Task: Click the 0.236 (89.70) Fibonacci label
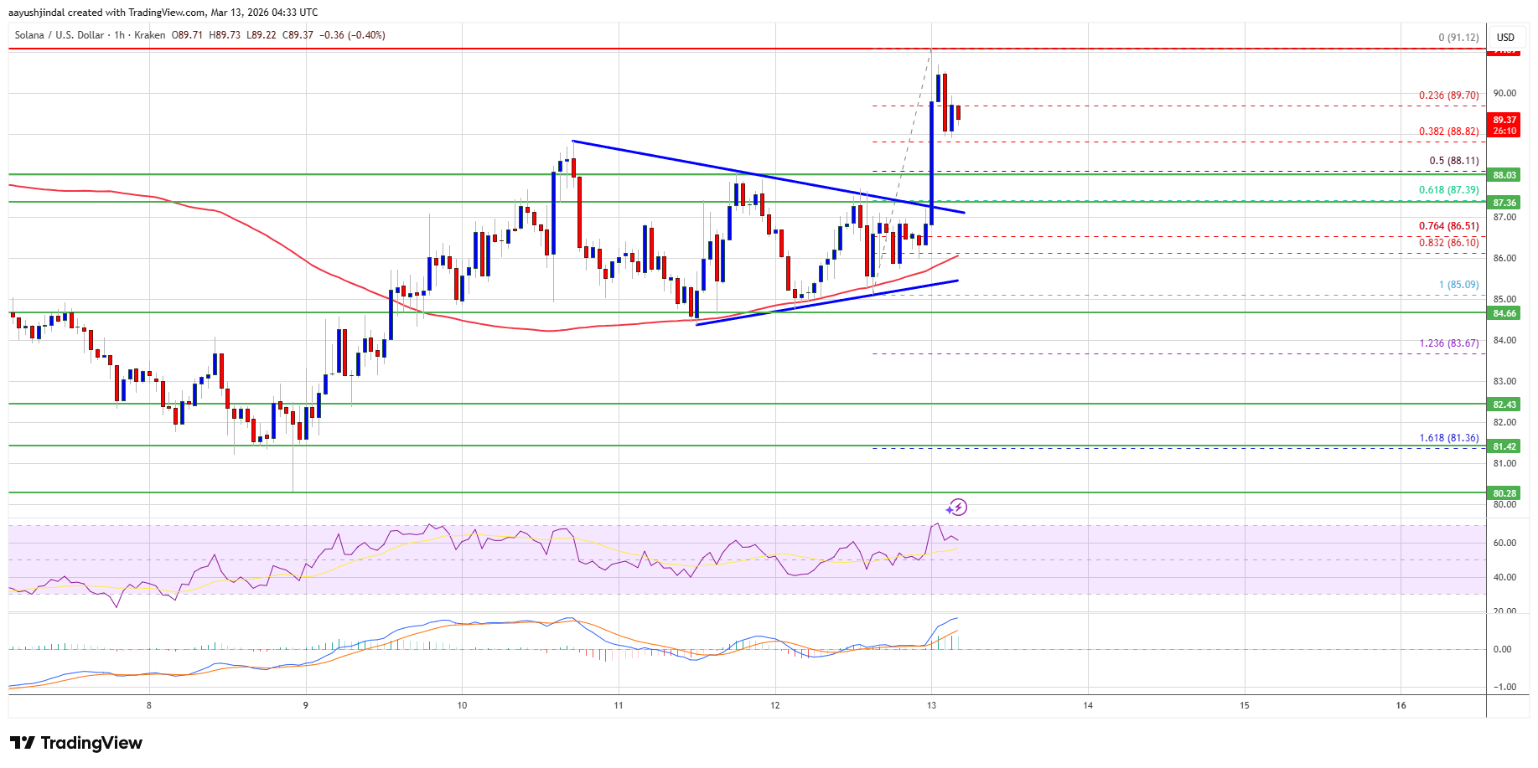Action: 1448,95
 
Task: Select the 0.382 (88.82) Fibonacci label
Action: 1448,131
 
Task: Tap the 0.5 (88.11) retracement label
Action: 1454,161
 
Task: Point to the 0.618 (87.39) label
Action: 1448,190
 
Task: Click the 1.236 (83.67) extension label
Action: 1448,343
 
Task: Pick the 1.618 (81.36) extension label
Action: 1448,438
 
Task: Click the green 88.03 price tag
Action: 1504,175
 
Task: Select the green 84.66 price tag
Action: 1504,313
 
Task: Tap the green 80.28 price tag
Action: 1504,493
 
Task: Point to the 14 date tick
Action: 1088,705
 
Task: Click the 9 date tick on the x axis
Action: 306,705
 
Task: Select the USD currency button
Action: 1505,37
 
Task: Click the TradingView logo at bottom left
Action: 76,743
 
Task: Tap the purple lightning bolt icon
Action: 958,508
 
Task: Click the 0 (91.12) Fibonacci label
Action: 1458,38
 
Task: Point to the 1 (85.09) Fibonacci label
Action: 1458,285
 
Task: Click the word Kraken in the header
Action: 150,35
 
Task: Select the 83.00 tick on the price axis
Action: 1504,381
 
